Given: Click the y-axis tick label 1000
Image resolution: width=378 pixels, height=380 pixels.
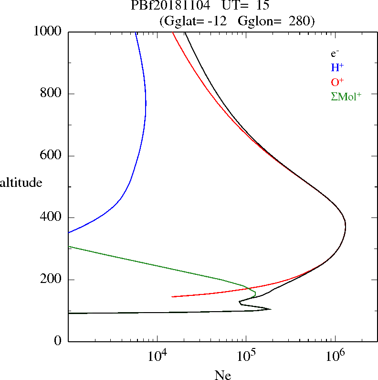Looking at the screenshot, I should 47,32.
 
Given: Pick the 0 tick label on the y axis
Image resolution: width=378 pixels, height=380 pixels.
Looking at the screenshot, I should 58,341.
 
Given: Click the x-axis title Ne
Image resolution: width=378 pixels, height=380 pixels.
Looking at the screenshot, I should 223,376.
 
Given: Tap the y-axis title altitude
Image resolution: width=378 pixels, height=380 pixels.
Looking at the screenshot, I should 21,182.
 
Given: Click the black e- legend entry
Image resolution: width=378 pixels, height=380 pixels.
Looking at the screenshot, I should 335,53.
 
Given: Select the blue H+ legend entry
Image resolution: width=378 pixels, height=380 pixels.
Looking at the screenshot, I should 337,67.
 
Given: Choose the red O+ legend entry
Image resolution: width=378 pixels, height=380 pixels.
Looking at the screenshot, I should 337,82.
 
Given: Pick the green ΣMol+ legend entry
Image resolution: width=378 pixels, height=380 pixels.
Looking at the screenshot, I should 346,96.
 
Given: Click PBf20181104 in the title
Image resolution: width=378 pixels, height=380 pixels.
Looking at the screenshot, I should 170,6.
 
